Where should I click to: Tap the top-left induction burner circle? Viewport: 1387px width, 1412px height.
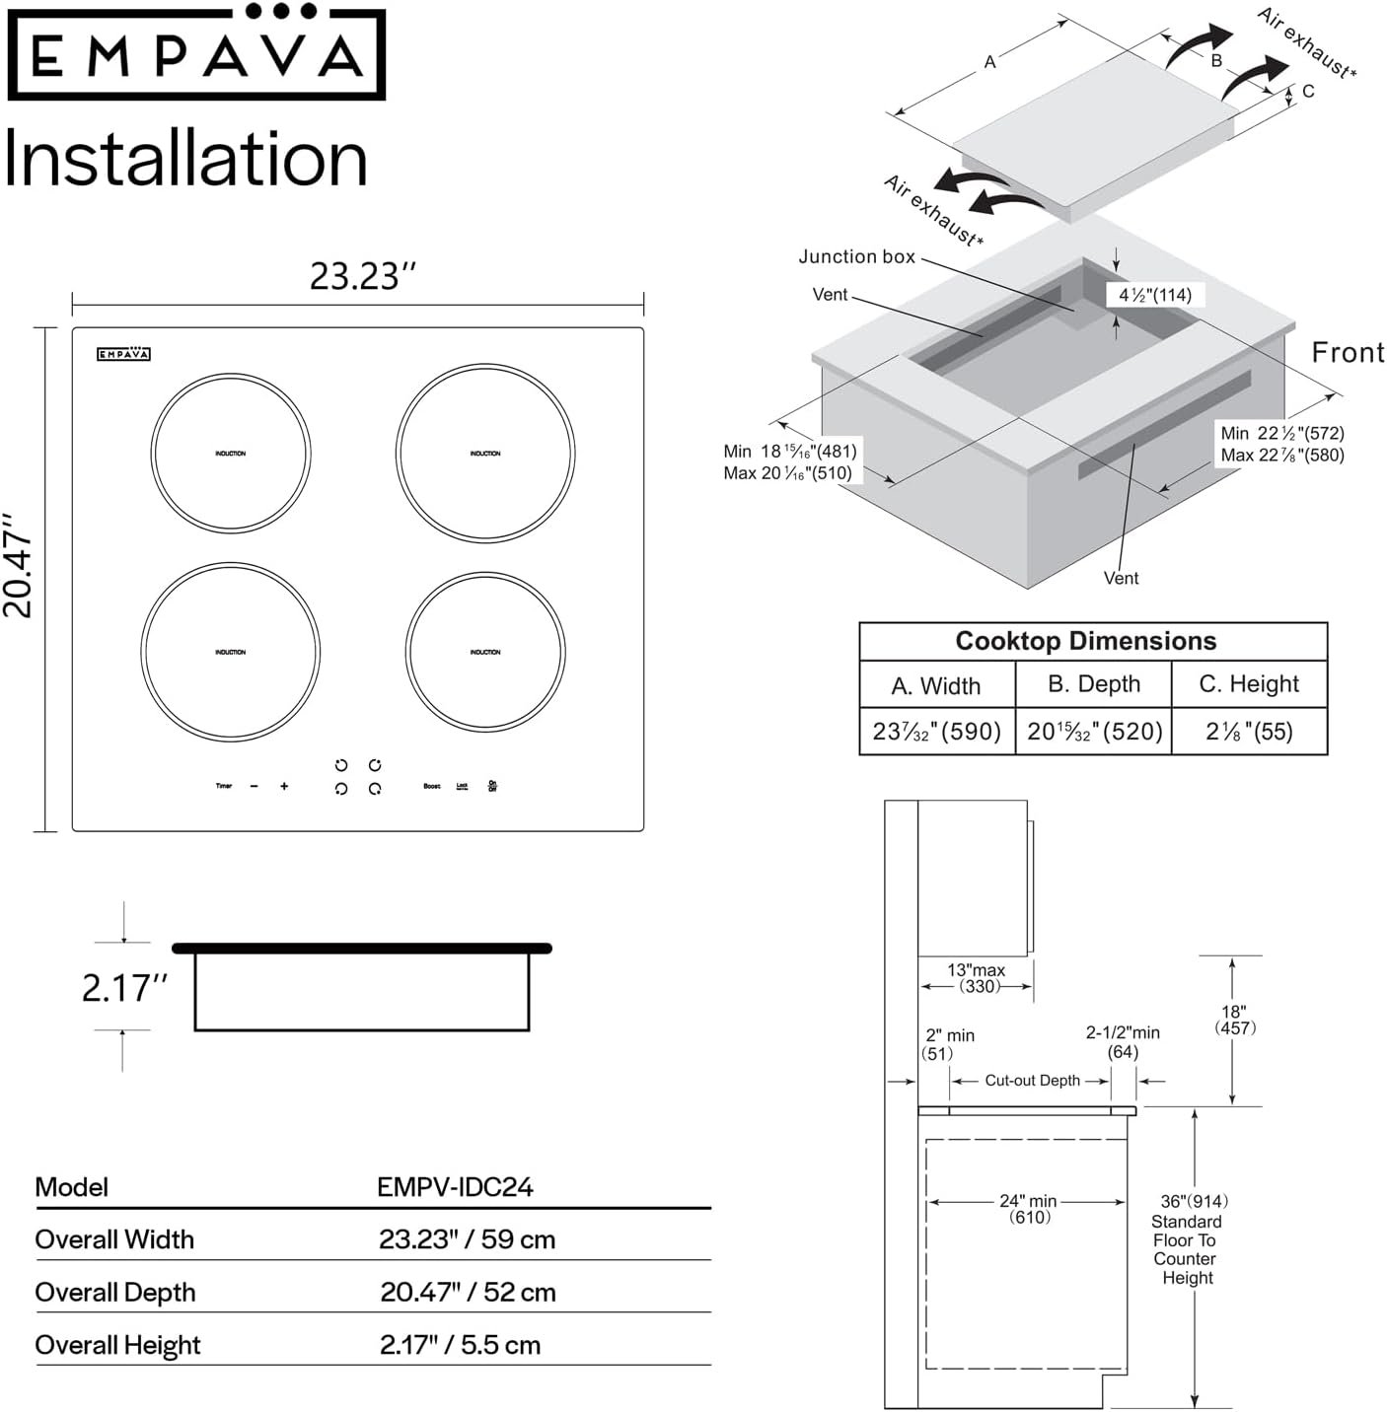(231, 454)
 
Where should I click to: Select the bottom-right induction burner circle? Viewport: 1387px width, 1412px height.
(484, 652)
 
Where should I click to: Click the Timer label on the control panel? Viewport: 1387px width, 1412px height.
(224, 786)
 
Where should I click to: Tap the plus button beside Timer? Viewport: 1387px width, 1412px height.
(284, 786)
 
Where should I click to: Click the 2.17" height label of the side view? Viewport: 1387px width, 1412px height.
(124, 987)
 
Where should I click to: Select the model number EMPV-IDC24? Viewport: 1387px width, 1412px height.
(455, 1186)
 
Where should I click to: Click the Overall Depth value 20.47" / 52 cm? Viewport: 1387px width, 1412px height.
(468, 1292)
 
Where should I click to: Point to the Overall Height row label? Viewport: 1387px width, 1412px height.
(117, 1345)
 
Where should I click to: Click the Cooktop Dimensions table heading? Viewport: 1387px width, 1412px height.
(1085, 641)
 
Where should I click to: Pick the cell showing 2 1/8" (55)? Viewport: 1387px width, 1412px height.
(1249, 732)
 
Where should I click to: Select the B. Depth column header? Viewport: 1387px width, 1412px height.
(1094, 684)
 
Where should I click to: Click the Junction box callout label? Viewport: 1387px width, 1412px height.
(856, 257)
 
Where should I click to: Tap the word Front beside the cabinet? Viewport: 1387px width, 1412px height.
(1348, 352)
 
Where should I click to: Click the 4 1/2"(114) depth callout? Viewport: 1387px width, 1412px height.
(1154, 295)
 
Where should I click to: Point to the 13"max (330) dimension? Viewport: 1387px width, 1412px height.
(977, 978)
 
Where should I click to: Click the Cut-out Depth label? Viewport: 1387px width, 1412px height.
(1032, 1081)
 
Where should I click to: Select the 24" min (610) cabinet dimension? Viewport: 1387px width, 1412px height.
(1028, 1209)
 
